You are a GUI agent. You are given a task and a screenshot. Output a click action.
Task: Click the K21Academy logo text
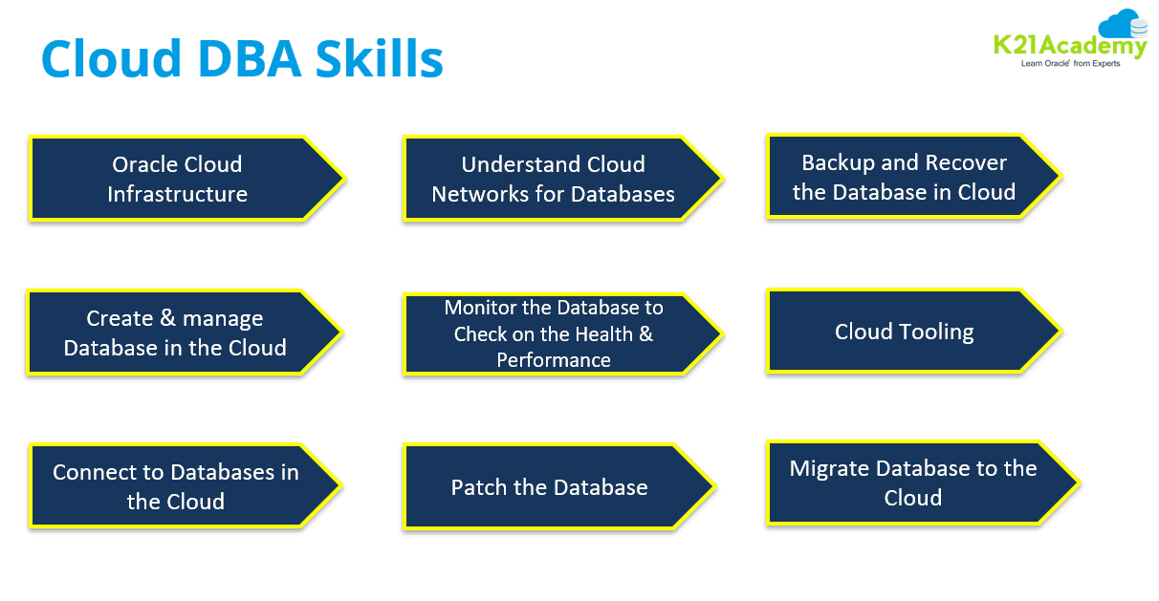pyautogui.click(x=1069, y=45)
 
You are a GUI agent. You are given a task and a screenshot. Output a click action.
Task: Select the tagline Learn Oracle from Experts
pyautogui.click(x=1070, y=63)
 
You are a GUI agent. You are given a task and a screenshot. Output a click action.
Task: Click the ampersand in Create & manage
pyautogui.click(x=168, y=318)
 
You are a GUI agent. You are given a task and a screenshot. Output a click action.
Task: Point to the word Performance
pyautogui.click(x=554, y=360)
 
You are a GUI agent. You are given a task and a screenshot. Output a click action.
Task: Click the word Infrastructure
pyautogui.click(x=177, y=194)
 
